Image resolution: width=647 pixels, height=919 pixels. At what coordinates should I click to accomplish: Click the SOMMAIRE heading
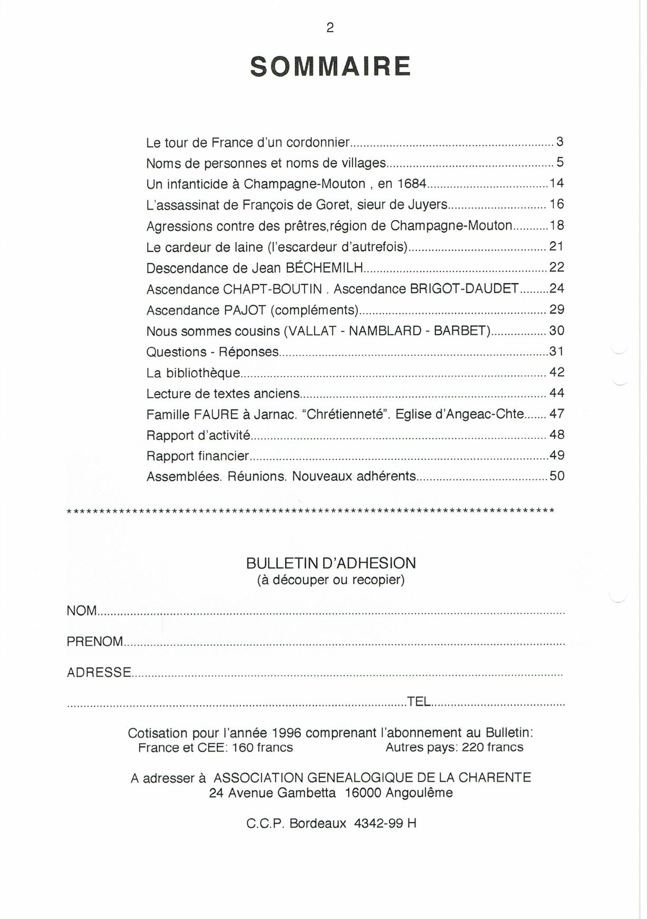click(330, 67)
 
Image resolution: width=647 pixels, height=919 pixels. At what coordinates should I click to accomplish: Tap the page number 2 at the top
click(330, 29)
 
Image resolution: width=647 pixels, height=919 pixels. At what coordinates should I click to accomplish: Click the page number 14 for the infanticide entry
click(557, 183)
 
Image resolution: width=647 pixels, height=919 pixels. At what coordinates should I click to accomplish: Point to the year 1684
click(411, 184)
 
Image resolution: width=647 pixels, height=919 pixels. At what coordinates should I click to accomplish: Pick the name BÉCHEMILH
click(324, 268)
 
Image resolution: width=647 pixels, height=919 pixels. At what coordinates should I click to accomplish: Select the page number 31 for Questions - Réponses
click(557, 351)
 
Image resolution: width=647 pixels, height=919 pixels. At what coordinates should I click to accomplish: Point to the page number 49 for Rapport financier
click(557, 455)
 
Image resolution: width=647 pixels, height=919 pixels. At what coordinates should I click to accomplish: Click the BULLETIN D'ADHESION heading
click(331, 563)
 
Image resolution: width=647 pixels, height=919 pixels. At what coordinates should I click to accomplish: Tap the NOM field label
click(82, 611)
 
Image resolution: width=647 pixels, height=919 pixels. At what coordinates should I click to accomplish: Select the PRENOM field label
click(95, 642)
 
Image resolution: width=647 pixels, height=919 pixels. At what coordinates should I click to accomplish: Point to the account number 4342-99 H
click(385, 823)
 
